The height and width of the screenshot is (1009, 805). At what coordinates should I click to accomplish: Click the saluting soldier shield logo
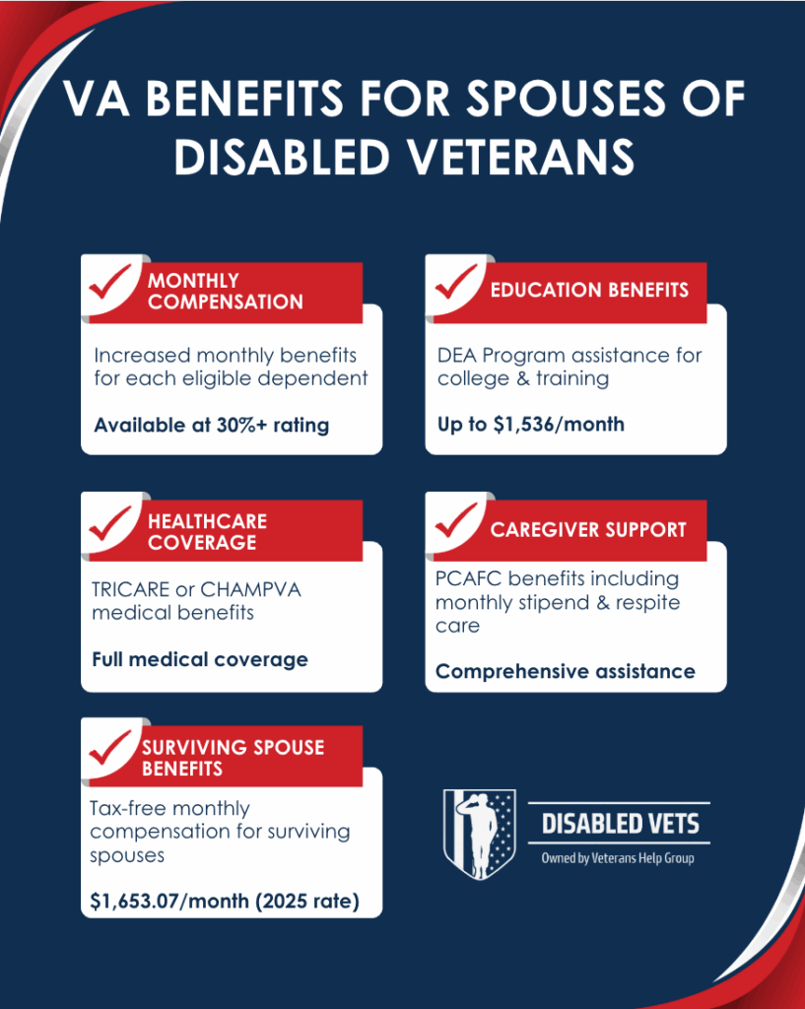[x=479, y=834]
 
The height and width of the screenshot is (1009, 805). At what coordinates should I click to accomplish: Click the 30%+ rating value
[x=271, y=426]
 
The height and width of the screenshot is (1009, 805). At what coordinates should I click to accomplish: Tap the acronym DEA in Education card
[x=457, y=355]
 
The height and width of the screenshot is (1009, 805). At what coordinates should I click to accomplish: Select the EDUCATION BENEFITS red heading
[x=589, y=290]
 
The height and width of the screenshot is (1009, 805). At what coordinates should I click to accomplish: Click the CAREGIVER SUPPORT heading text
[x=588, y=529]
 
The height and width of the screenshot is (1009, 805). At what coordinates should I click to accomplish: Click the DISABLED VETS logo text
[x=620, y=824]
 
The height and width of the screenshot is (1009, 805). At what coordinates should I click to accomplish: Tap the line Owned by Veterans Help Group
[x=620, y=858]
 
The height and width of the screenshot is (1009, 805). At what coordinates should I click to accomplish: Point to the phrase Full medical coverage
[x=200, y=659]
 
